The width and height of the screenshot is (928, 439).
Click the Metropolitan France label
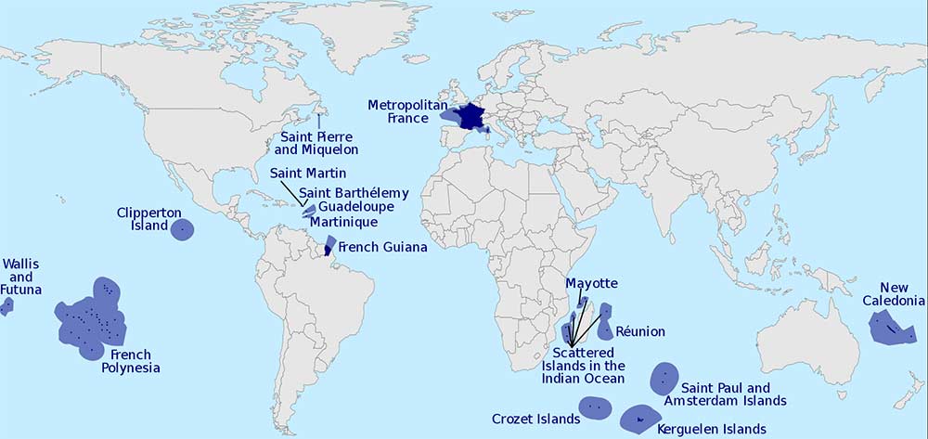click(402, 110)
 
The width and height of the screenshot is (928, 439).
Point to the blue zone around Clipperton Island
click(183, 227)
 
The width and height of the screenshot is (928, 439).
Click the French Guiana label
click(382, 248)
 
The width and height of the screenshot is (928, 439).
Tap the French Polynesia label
click(130, 361)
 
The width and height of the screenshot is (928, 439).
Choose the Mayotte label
click(591, 282)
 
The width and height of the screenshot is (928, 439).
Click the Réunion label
click(639, 331)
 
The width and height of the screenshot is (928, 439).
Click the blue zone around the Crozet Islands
click(595, 407)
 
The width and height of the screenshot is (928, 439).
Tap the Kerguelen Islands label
click(711, 429)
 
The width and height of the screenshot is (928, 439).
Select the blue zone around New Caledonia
click(891, 328)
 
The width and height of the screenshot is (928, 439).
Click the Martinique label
click(342, 223)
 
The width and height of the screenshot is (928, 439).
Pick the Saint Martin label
click(308, 173)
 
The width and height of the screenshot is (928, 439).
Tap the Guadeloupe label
click(357, 207)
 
